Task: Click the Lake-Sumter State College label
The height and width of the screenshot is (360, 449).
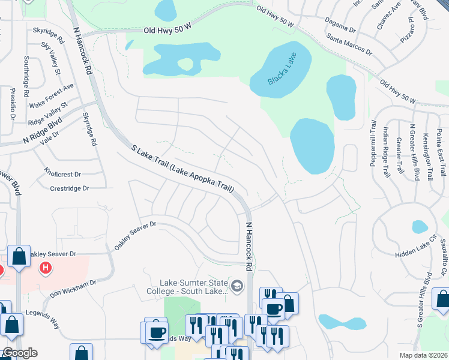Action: coord(193,287)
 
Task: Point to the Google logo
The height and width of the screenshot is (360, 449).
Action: coord(19,353)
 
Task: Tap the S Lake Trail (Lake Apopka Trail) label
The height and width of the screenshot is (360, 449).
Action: coord(182,169)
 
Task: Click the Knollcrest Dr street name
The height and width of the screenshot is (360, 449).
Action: coord(62,173)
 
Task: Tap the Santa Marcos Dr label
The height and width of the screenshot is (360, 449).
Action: coord(349,44)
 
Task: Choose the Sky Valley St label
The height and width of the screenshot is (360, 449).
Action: coord(52,59)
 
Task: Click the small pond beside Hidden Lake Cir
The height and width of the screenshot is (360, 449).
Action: coord(420,227)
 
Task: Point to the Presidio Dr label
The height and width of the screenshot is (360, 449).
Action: coord(12,103)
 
